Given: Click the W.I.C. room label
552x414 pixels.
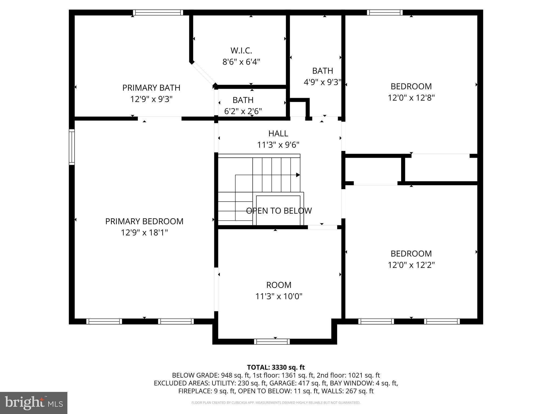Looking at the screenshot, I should pyautogui.click(x=241, y=50).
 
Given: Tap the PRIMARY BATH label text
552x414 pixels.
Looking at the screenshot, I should pyautogui.click(x=151, y=88).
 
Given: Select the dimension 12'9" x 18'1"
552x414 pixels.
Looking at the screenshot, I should pyautogui.click(x=144, y=232).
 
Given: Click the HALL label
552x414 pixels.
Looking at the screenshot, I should pyautogui.click(x=278, y=133).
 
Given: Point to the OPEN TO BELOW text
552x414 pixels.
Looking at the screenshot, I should pyautogui.click(x=279, y=211).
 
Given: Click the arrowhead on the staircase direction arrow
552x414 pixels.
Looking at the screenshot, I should pyautogui.click(x=298, y=175).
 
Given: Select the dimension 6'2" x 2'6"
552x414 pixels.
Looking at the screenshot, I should pyautogui.click(x=243, y=111).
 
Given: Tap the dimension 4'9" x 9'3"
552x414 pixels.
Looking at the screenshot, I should pyautogui.click(x=322, y=82).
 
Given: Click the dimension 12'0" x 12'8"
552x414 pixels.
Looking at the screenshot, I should pyautogui.click(x=411, y=98).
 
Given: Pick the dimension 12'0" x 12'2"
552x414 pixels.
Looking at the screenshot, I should pyautogui.click(x=411, y=265).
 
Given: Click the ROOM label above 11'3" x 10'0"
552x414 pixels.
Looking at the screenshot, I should pyautogui.click(x=279, y=285).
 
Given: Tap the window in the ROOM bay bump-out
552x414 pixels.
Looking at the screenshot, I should pyautogui.click(x=272, y=341).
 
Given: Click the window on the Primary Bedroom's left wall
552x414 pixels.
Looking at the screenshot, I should pyautogui.click(x=72, y=147).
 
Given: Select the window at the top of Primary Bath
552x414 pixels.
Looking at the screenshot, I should pyautogui.click(x=158, y=12).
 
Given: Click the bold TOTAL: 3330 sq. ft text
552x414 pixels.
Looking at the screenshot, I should pyautogui.click(x=276, y=367).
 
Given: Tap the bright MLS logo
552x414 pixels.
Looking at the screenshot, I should pyautogui.click(x=34, y=403).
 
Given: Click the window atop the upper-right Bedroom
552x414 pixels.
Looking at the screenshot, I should pyautogui.click(x=385, y=12).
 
